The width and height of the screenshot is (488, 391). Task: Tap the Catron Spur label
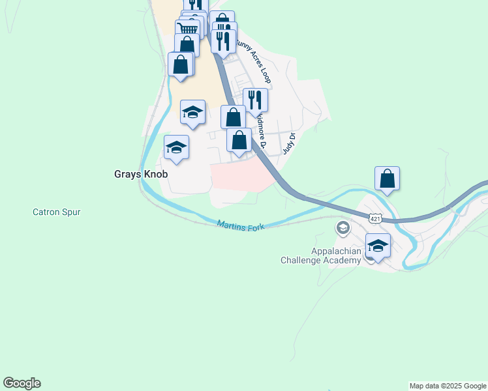(x=57, y=212)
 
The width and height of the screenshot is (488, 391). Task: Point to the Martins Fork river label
(x=241, y=224)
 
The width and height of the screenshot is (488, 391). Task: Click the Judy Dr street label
(x=289, y=143)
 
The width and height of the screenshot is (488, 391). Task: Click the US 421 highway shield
(x=375, y=219)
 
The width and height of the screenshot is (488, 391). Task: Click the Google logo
(x=22, y=383)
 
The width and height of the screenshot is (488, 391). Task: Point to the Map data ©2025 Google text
(x=448, y=386)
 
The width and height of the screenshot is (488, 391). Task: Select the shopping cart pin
(x=187, y=29)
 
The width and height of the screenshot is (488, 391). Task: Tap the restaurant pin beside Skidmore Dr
(x=255, y=100)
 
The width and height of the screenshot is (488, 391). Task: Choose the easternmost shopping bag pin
(x=387, y=178)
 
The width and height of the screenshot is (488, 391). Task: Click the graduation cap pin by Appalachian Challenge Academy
(x=378, y=246)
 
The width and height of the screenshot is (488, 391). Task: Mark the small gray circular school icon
(x=343, y=227)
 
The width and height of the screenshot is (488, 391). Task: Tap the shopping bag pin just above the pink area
(x=239, y=139)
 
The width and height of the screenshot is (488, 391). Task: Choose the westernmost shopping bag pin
(x=180, y=65)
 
